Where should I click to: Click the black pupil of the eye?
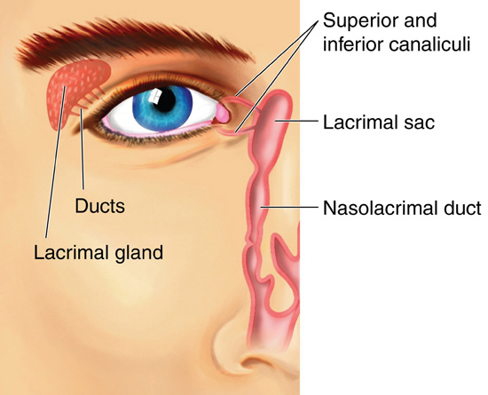[x=165, y=99]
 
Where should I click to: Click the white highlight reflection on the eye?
[x=154, y=95]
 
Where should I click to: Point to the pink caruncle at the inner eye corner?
[x=223, y=114]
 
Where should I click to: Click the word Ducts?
[x=100, y=206]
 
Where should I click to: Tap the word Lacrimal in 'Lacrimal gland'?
[x=71, y=252]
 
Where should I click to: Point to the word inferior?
[x=353, y=44]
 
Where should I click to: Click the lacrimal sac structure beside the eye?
[x=274, y=124]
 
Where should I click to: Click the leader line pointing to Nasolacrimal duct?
[x=290, y=206]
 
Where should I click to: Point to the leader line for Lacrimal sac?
[x=296, y=121]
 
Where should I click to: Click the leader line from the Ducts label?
[x=83, y=149]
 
